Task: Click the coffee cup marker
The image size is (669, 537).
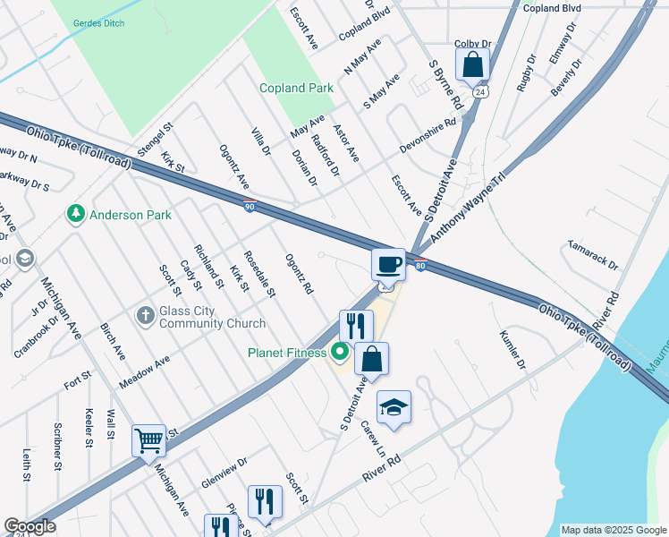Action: (388, 264)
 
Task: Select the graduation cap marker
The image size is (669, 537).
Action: (394, 407)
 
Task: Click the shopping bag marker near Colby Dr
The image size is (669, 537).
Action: (472, 64)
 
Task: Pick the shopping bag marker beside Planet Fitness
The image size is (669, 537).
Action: (371, 358)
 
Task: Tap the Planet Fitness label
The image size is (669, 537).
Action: (287, 352)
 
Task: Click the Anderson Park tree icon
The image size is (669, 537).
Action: (75, 215)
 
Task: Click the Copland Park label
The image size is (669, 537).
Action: (296, 89)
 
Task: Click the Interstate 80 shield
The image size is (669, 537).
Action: (420, 264)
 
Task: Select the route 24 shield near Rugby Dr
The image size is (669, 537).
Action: (481, 92)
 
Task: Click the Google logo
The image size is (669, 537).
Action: (30, 526)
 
